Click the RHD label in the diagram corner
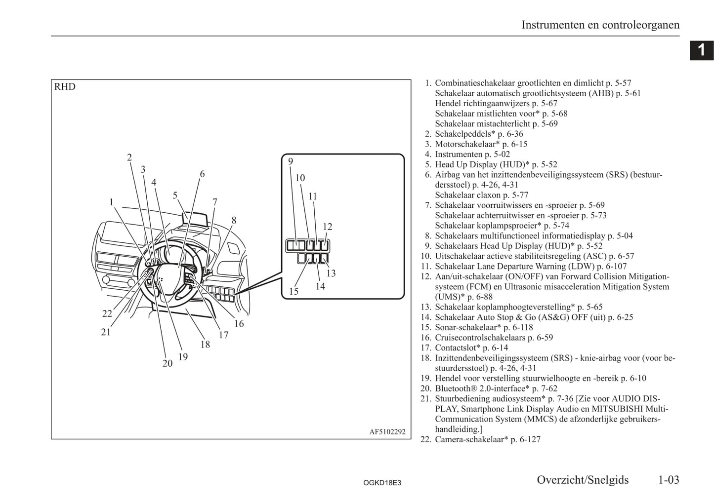[65, 87]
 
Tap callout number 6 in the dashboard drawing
[202, 174]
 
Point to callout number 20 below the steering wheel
[168, 363]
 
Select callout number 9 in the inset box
[291, 161]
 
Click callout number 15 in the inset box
[294, 291]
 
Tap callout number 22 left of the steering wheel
[107, 313]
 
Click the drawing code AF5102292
[387, 431]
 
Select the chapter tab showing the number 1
[701, 50]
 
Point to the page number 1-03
[668, 479]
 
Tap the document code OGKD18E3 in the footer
[381, 482]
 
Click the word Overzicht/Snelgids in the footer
[583, 479]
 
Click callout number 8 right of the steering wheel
[234, 220]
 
